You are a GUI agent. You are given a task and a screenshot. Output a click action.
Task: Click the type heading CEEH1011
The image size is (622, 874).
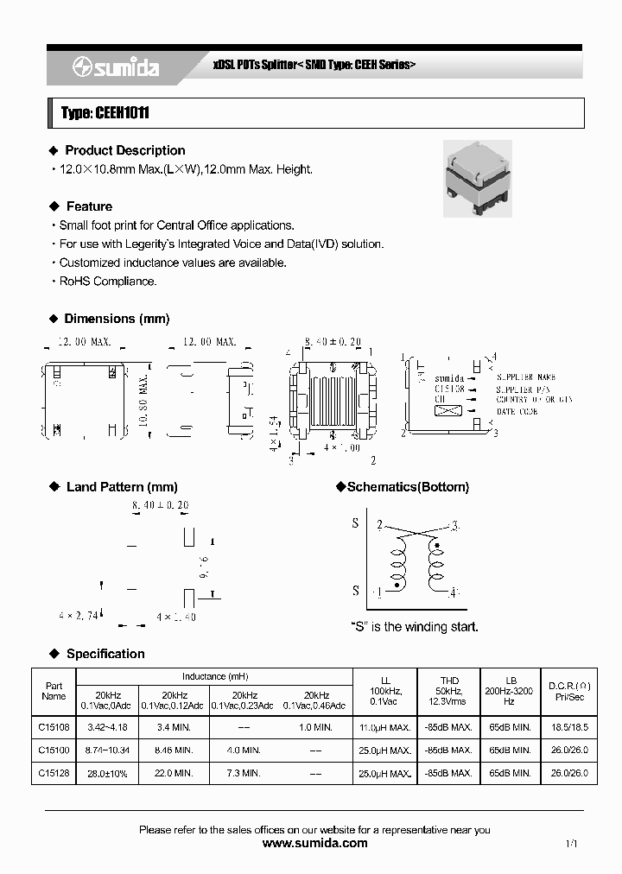(99, 113)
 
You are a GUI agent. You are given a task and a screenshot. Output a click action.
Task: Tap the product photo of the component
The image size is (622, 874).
(477, 179)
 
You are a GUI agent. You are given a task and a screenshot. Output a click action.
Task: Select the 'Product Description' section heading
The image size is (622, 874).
(124, 150)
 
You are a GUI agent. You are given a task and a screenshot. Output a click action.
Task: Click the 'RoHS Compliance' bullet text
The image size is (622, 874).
(108, 282)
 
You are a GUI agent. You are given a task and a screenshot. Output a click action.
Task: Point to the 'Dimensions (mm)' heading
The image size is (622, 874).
(117, 319)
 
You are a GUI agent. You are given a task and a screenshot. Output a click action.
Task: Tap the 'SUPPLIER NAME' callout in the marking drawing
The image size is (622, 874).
(526, 378)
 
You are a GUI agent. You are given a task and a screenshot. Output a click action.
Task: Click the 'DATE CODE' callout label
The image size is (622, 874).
(517, 412)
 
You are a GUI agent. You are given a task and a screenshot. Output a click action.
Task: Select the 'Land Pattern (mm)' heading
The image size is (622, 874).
(121, 487)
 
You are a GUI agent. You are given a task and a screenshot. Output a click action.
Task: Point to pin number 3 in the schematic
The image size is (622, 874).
(454, 525)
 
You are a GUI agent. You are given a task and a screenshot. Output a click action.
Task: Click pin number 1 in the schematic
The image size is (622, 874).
(378, 592)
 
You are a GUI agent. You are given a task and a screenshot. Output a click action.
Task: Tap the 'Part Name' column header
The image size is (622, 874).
(54, 691)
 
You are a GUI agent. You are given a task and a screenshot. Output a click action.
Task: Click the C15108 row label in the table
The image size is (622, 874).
(54, 728)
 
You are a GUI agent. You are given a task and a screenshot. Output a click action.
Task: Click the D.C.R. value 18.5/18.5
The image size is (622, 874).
(568, 728)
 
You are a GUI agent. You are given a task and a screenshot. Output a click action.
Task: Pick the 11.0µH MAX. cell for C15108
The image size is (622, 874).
(384, 728)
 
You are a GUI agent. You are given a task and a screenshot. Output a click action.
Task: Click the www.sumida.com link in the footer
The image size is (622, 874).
(314, 844)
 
